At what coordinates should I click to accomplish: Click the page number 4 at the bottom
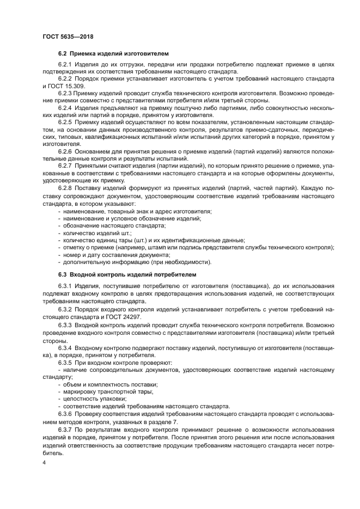pos(44,462)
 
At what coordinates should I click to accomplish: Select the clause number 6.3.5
pos(65,361)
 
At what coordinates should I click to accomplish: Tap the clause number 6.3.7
pos(65,430)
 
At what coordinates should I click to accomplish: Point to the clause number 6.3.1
pos(65,286)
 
